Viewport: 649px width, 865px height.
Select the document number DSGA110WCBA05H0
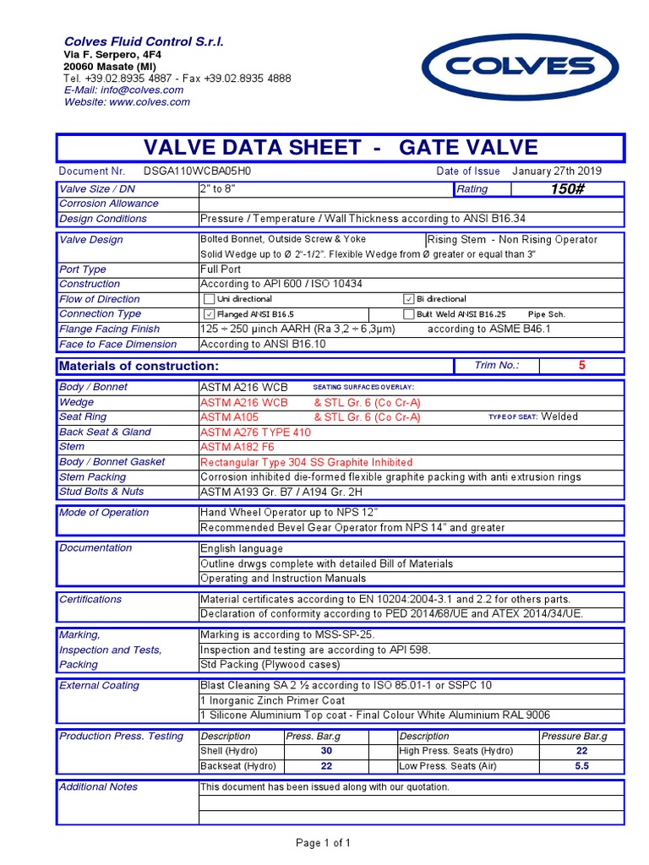[x=198, y=171]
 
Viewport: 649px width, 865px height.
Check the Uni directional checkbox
[x=209, y=299]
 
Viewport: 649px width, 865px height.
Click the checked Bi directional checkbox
[x=409, y=299]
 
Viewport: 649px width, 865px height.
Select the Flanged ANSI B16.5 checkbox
[x=209, y=314]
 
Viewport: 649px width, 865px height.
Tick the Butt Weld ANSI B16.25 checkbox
[x=409, y=314]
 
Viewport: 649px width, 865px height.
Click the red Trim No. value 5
[x=581, y=366]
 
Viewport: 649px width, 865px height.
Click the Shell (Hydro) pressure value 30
[x=326, y=751]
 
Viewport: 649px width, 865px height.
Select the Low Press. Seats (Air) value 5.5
[x=581, y=766]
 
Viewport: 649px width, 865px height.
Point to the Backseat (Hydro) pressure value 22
[x=326, y=766]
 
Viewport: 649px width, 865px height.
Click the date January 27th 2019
[x=557, y=171]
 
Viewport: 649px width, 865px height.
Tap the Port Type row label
[x=83, y=269]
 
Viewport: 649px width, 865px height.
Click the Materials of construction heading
[x=139, y=366]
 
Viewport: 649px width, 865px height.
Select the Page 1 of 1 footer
[x=323, y=843]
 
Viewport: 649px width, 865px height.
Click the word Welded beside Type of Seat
[x=559, y=416]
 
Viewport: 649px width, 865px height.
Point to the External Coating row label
[x=99, y=686]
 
